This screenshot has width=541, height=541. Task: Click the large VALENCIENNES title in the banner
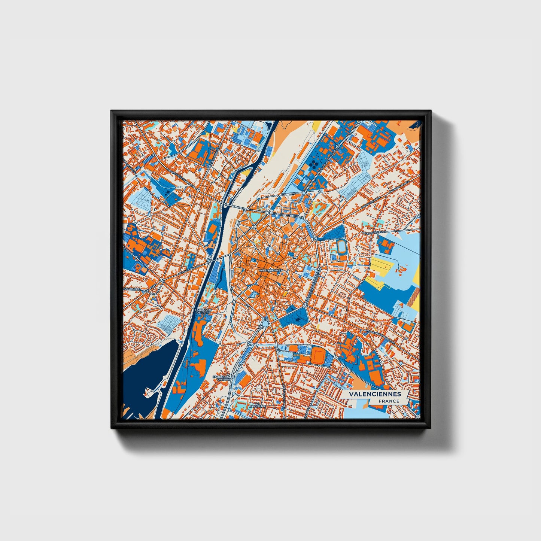click(x=375, y=394)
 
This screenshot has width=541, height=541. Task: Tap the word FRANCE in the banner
click(x=389, y=401)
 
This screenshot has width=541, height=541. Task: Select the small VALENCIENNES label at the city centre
click(x=268, y=270)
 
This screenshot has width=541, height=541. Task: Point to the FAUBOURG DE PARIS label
click(x=203, y=311)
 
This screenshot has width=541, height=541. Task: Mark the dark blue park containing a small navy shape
click(x=296, y=317)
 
